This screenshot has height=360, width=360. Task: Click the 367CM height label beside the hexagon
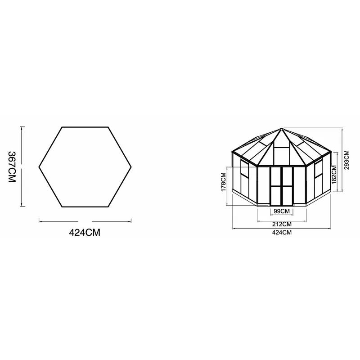point(12,166)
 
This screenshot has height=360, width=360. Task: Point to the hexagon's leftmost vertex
point(39,167)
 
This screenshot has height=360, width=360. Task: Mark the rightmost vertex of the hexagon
point(131,167)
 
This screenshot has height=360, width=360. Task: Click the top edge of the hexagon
point(85,127)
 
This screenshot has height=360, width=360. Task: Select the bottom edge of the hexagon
point(85,207)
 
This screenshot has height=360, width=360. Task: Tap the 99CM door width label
point(281,211)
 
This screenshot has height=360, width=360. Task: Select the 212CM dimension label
point(281,224)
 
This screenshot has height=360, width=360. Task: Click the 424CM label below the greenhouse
point(282,233)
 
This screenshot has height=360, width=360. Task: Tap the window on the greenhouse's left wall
point(245,169)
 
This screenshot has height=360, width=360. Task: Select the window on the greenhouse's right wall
point(318,169)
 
